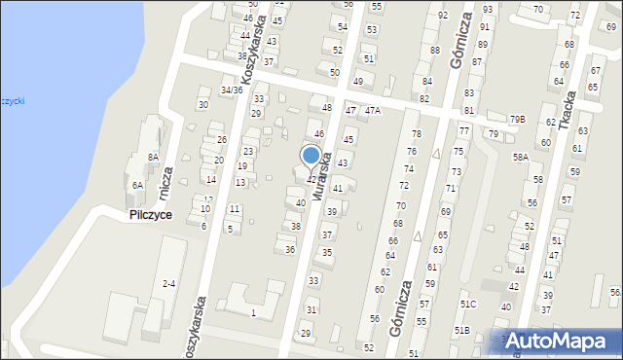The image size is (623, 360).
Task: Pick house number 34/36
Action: click(231, 90)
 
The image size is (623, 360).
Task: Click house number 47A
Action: click(372, 111)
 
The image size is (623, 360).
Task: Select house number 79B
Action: click(517, 120)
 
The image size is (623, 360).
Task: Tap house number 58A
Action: click(521, 157)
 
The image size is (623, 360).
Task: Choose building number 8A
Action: click(153, 157)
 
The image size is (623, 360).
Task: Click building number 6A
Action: click(138, 185)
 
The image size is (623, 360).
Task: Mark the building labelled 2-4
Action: click(169, 283)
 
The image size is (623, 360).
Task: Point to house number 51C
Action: click(468, 304)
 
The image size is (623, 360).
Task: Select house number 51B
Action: click(461, 331)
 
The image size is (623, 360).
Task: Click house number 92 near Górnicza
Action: click(443, 16)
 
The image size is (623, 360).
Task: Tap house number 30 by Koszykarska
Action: click(202, 104)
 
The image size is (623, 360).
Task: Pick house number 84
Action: click(426, 81)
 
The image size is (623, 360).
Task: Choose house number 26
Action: click(221, 140)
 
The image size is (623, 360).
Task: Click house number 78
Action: click(416, 133)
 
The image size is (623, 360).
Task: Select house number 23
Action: click(248, 151)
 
